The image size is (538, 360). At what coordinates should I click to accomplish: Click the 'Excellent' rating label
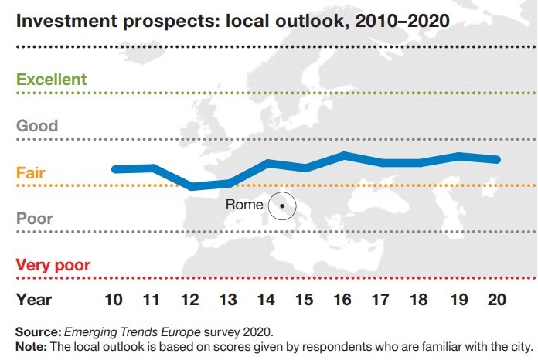[51, 80]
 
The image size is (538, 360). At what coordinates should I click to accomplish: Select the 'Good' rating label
[37, 126]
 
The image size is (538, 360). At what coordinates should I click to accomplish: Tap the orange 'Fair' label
[31, 172]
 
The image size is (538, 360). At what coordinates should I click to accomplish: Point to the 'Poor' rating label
[35, 219]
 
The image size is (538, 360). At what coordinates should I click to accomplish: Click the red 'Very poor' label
[53, 265]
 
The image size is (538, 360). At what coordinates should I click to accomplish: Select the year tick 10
[114, 298]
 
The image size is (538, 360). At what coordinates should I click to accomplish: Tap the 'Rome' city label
[244, 205]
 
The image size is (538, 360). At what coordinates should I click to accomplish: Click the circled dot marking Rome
[282, 205]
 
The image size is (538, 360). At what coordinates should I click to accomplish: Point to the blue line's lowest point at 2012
[192, 186]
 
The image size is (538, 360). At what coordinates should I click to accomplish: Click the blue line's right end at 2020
[499, 159]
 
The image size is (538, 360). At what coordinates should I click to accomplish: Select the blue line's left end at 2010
[115, 168]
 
